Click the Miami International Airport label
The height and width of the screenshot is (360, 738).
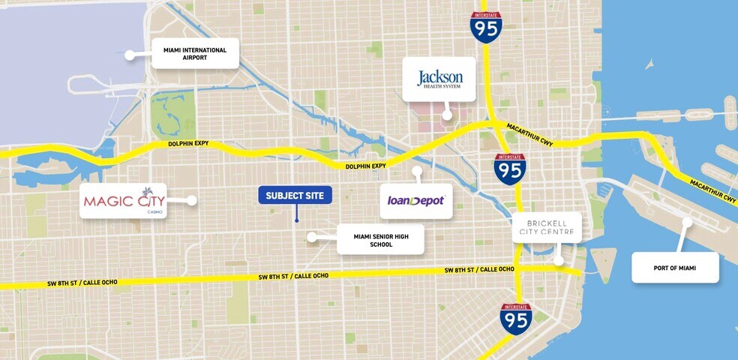click(195, 54)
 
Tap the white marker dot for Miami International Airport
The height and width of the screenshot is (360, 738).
click(130, 55)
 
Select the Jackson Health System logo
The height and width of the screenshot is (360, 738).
click(439, 79)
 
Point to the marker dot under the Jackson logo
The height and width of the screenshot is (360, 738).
click(447, 115)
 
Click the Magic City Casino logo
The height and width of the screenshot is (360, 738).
click(124, 201)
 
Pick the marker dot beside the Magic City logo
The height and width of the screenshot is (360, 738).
click(192, 201)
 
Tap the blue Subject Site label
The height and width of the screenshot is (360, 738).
click(295, 196)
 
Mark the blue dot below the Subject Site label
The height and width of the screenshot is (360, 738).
click(296, 220)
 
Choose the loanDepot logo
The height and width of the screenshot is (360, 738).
click(416, 201)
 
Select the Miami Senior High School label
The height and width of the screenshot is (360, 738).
click(379, 240)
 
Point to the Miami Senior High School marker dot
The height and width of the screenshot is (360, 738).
click(311, 237)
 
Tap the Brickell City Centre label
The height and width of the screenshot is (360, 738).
click(547, 227)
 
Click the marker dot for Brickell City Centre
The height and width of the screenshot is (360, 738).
click(559, 262)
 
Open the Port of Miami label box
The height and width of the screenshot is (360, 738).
click(675, 267)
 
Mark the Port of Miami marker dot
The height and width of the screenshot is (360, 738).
click(687, 222)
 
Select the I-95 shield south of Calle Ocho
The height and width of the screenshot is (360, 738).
click(515, 318)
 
